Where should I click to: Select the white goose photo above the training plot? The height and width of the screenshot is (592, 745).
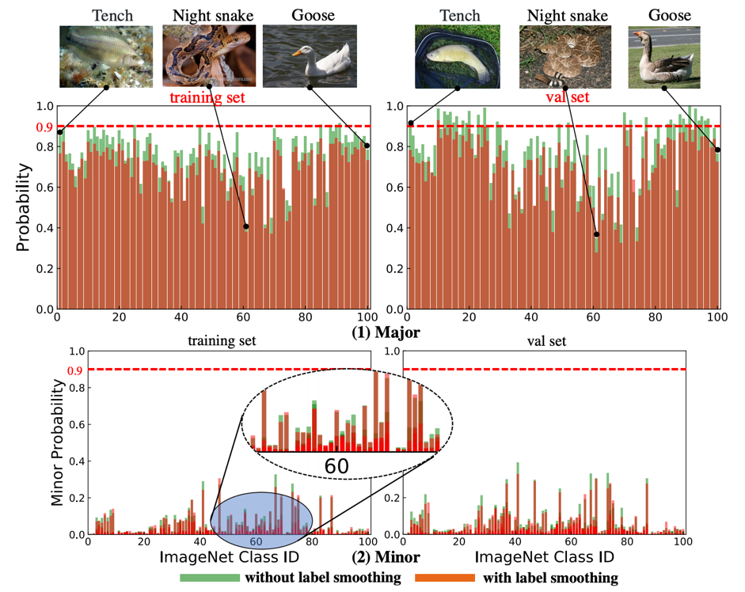310,55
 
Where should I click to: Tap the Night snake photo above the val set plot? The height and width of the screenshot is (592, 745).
565,55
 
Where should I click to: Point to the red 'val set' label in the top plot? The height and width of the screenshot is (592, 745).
568,98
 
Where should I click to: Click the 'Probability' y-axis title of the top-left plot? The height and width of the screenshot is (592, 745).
25,207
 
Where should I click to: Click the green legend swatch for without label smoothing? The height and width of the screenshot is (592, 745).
210,578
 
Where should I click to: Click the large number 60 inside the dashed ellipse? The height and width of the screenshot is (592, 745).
336,466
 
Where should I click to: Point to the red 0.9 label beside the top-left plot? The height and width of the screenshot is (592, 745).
43,127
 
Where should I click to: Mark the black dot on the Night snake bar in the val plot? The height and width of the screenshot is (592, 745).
596,234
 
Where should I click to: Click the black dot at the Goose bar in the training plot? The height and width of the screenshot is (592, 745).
367,145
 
